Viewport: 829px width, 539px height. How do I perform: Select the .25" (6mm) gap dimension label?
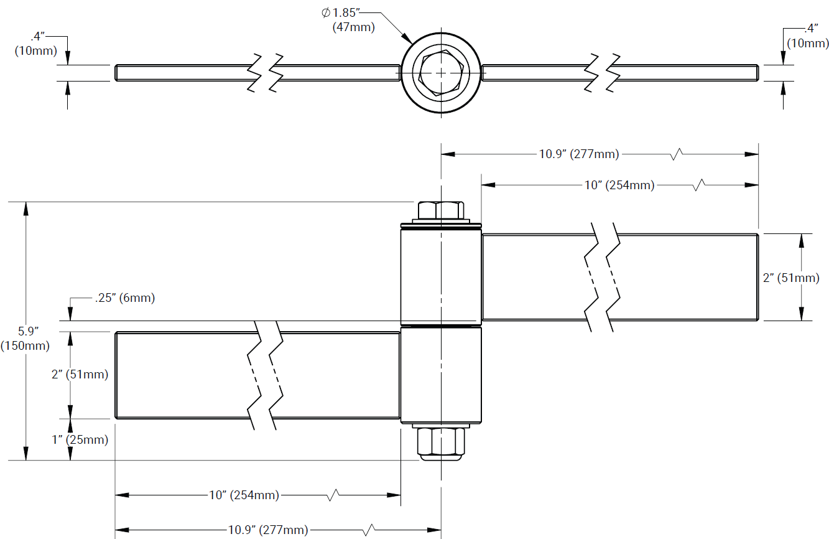[125, 298]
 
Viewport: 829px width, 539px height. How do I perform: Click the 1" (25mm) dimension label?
[80, 440]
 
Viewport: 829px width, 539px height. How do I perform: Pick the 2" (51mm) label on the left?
[80, 375]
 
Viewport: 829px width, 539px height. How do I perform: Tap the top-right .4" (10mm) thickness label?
[808, 36]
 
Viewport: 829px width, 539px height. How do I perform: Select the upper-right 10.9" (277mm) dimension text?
[578, 154]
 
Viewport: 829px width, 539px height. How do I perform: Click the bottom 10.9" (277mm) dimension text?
[267, 530]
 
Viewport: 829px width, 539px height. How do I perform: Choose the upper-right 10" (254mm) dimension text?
[619, 185]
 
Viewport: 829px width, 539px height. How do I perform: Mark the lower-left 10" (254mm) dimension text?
[244, 495]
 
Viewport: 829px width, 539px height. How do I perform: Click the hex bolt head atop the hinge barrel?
[440, 210]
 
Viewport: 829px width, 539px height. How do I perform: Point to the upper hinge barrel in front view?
[440, 275]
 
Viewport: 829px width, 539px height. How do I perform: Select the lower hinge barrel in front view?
[440, 375]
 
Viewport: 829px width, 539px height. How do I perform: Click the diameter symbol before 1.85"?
[325, 12]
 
